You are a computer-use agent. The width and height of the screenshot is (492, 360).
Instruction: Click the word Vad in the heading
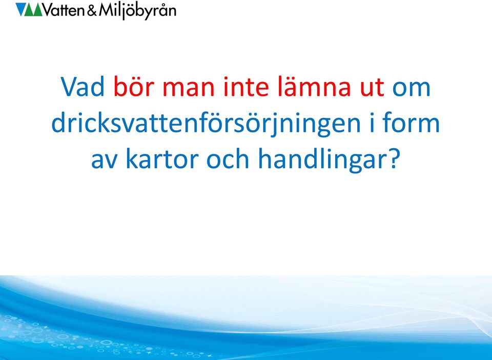pyautogui.click(x=83, y=87)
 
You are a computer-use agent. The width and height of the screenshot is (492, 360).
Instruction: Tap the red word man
pyautogui.click(x=189, y=89)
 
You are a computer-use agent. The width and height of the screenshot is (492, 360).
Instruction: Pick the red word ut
pyautogui.click(x=372, y=88)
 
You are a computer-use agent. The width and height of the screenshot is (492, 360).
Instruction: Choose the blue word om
pyautogui.click(x=412, y=89)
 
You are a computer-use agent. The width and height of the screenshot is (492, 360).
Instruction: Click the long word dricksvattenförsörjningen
pyautogui.click(x=206, y=124)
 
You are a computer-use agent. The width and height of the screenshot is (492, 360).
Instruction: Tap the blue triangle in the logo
pyautogui.click(x=20, y=9)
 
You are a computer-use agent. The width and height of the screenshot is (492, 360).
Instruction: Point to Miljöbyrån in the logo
pyautogui.click(x=137, y=11)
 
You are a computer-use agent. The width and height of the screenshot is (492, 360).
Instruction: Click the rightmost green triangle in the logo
pyautogui.click(x=37, y=10)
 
